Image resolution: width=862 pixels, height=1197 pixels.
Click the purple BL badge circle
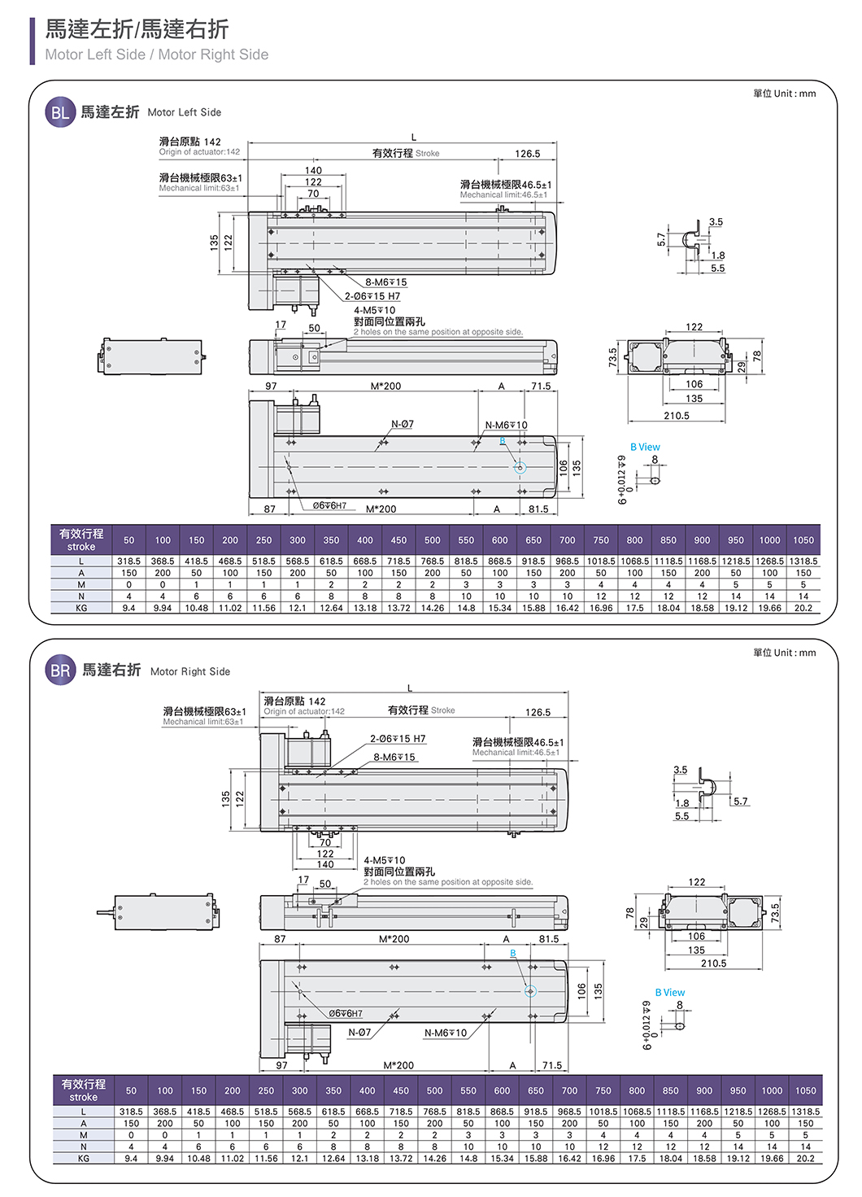(60, 112)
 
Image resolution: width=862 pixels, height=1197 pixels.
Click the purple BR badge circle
(61, 671)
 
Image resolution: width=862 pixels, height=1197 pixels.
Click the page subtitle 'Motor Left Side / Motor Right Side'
(156, 55)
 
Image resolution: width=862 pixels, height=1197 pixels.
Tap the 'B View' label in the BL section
(645, 447)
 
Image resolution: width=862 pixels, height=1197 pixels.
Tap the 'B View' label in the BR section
(670, 992)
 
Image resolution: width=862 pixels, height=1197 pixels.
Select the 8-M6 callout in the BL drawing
(385, 282)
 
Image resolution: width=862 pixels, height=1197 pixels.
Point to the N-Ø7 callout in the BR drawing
(359, 1033)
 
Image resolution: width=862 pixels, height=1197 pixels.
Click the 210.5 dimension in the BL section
(676, 416)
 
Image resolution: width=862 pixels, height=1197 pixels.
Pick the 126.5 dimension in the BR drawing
(538, 712)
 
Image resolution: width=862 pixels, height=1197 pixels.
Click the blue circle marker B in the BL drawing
(520, 467)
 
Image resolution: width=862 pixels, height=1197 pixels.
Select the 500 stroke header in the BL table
(432, 540)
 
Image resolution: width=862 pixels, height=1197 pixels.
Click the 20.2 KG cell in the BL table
(803, 608)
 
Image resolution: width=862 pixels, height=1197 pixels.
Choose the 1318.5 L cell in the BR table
(805, 1112)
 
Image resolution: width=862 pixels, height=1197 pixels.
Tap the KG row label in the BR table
(83, 1158)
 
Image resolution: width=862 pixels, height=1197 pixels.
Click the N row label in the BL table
(81, 596)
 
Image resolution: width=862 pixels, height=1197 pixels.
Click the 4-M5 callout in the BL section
(374, 310)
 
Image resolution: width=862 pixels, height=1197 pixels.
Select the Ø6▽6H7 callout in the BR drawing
(346, 1013)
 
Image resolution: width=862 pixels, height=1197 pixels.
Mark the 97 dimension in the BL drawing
(271, 387)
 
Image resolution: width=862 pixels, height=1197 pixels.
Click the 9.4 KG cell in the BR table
(131, 1158)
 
